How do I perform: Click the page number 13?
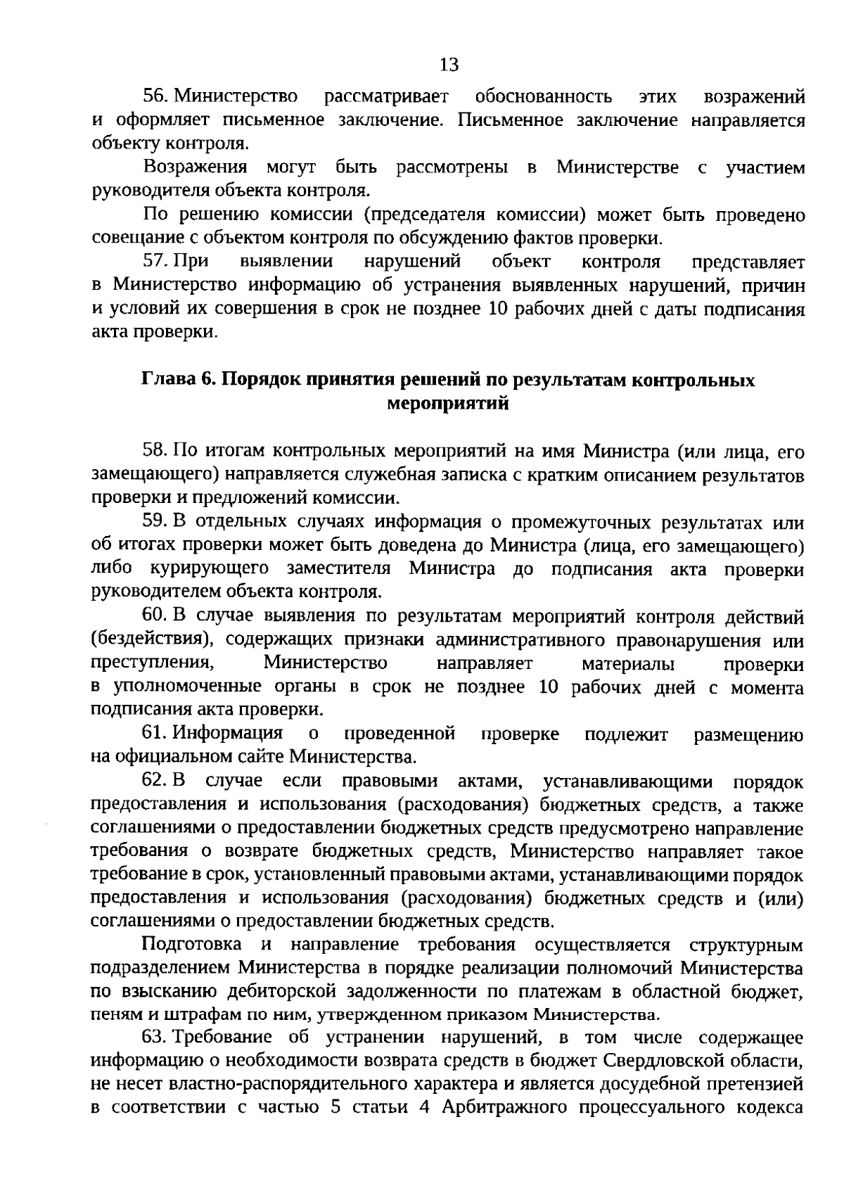click(449, 65)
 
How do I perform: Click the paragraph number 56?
click(155, 96)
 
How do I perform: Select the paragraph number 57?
click(155, 262)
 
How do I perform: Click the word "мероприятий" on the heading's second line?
click(448, 404)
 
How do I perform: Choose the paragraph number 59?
click(155, 522)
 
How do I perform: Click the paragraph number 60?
click(155, 616)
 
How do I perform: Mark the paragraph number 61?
click(155, 734)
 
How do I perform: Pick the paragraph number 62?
click(155, 781)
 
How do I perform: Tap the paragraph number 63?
click(155, 1038)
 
